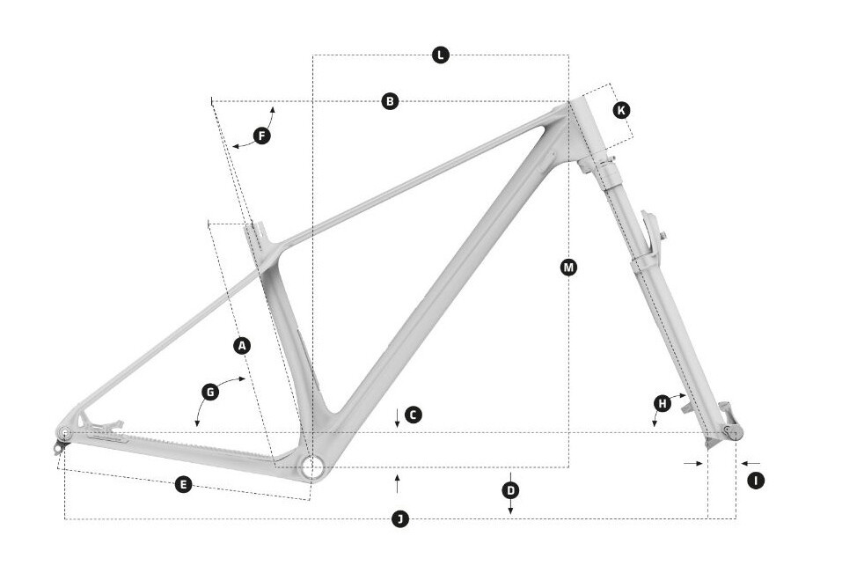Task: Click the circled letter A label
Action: [x=243, y=346]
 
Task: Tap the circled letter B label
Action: [x=391, y=101]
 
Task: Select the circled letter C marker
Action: [x=414, y=415]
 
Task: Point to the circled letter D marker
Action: [x=510, y=489]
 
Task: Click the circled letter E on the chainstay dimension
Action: [x=183, y=484]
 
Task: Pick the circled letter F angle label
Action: [x=261, y=136]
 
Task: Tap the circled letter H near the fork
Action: [x=662, y=403]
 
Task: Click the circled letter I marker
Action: [x=755, y=481]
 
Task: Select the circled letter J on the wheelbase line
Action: [x=400, y=519]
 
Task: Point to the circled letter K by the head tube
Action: [x=621, y=110]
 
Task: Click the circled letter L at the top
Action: [x=441, y=55]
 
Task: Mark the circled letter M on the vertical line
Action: [x=568, y=267]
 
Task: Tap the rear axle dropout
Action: [x=64, y=433]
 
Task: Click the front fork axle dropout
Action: [x=729, y=430]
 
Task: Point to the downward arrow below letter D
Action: [x=510, y=508]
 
